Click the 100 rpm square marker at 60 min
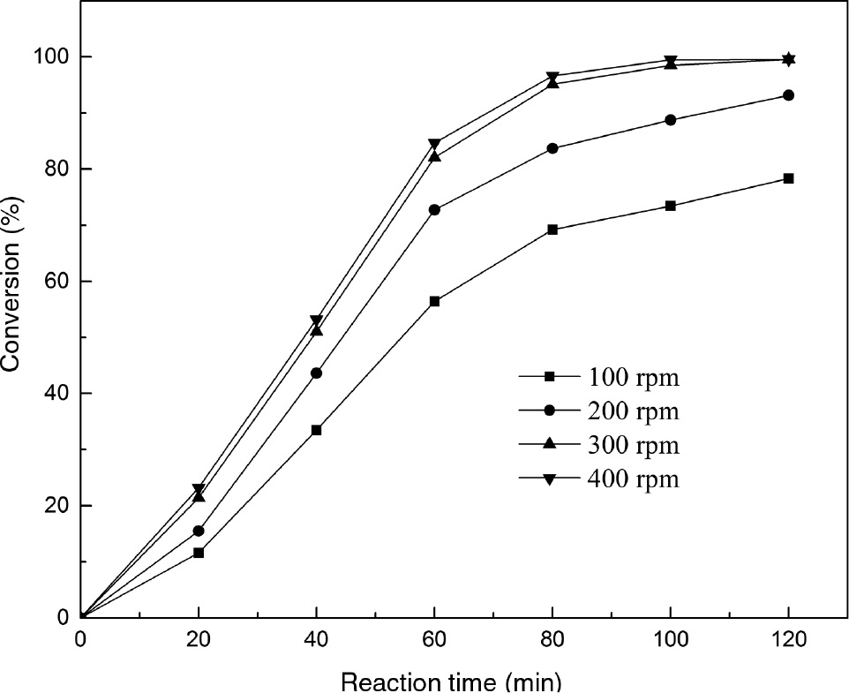(434, 301)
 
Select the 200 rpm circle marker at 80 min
(552, 148)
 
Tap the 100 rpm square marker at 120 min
(788, 178)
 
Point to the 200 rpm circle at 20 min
(199, 531)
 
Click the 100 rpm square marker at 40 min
(316, 430)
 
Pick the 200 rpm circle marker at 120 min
(788, 95)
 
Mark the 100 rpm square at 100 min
(671, 206)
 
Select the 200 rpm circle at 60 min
(434, 210)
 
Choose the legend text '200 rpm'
(631, 411)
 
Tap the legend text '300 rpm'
(631, 444)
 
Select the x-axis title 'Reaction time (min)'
(450, 682)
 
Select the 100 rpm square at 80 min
(552, 230)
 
